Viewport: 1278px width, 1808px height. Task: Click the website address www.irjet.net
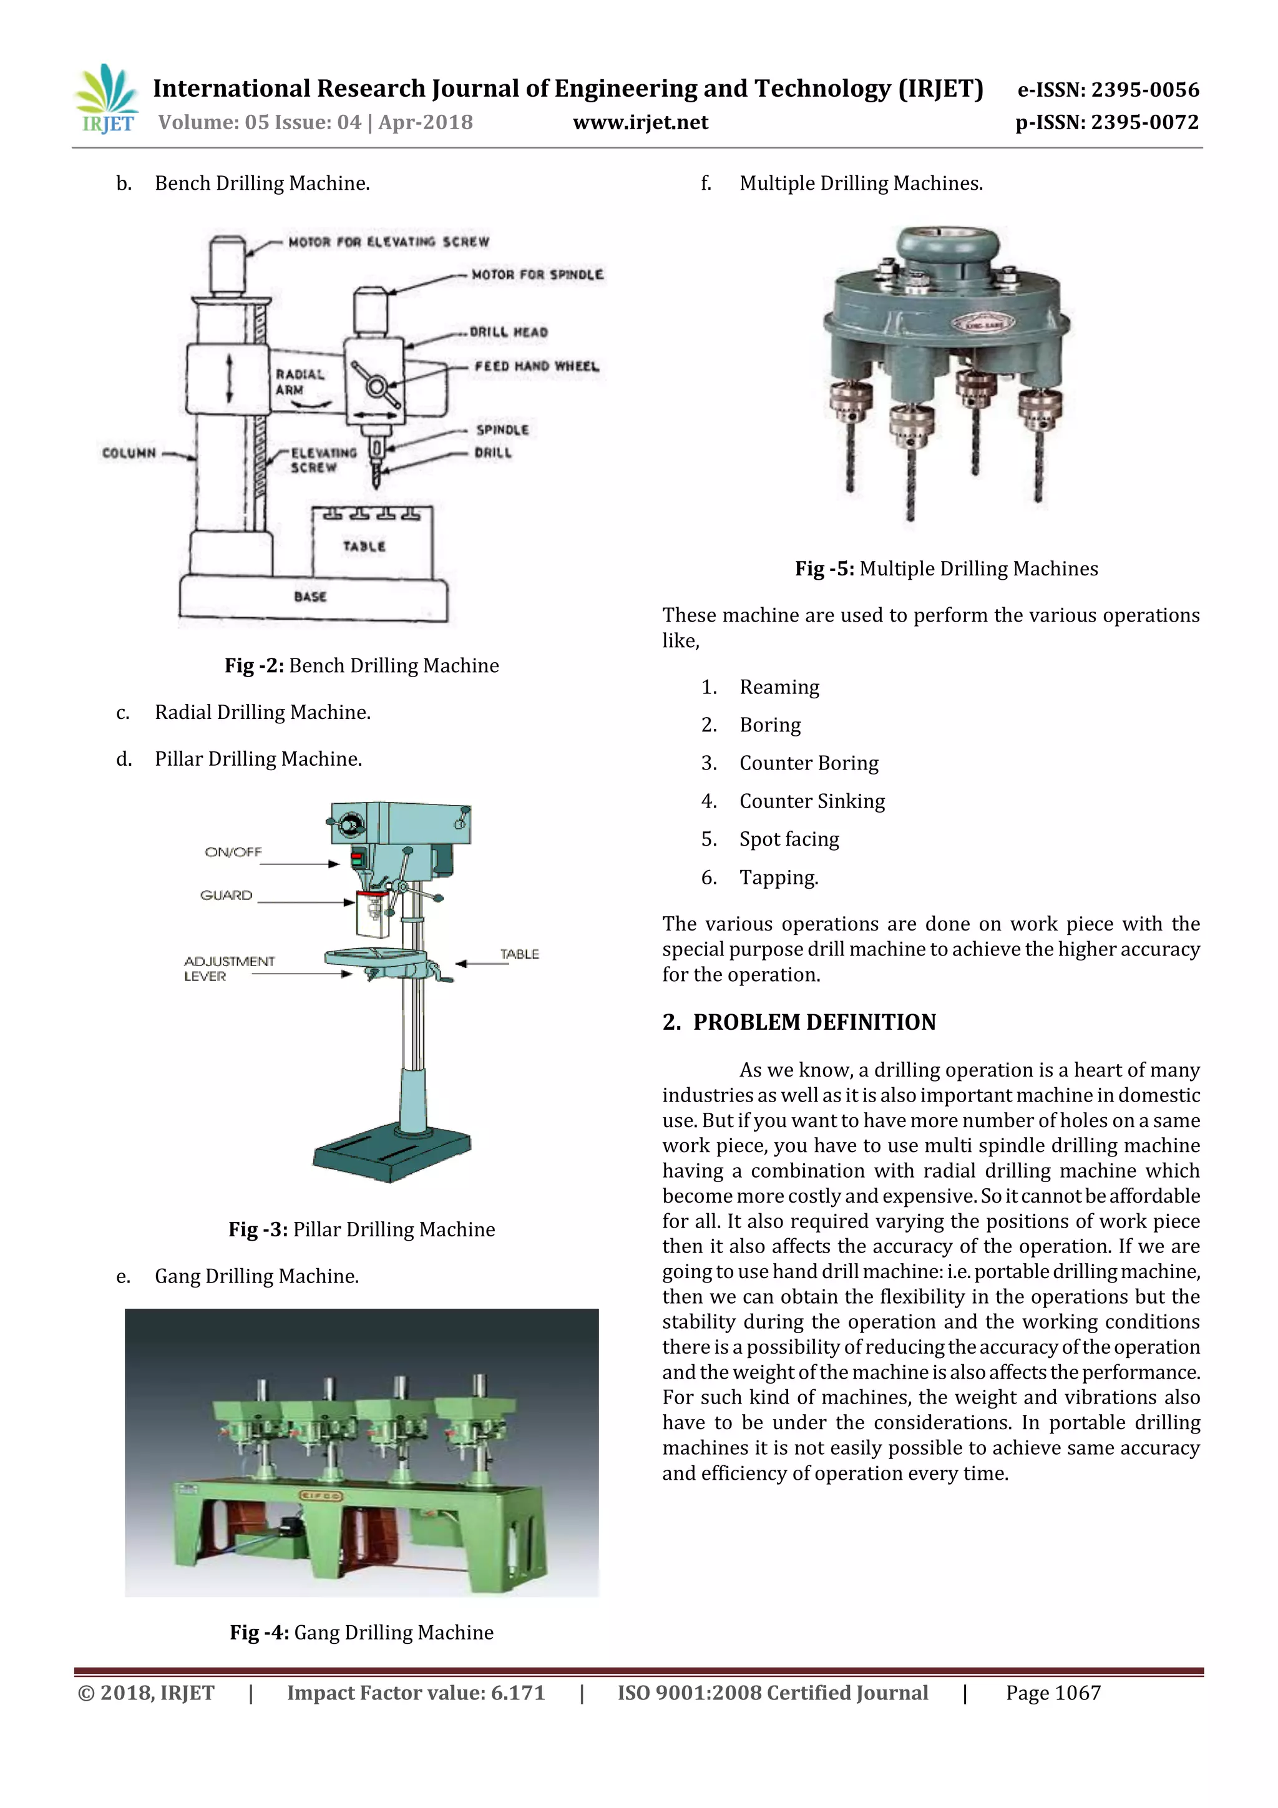tap(640, 123)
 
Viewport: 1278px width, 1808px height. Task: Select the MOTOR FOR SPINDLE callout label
tap(537, 274)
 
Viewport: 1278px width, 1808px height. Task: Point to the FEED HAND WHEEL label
tap(536, 366)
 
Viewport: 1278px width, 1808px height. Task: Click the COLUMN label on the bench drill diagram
tap(129, 453)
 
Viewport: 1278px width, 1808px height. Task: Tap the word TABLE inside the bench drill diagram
tap(364, 545)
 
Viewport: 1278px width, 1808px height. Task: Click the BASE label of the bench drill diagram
tap(310, 596)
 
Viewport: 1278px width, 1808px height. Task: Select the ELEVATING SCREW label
tap(324, 460)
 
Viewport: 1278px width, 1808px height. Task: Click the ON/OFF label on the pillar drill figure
tap(233, 852)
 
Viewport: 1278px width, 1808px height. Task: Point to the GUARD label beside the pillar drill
tap(226, 896)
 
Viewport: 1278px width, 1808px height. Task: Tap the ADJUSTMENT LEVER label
tap(228, 969)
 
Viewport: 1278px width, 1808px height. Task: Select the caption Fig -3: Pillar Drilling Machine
tap(361, 1229)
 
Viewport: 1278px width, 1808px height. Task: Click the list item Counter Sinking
tap(812, 801)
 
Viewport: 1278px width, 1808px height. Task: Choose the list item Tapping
tap(779, 877)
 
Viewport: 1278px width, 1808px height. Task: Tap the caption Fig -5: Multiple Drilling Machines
tap(945, 569)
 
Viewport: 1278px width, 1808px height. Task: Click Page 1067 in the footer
tap(1053, 1693)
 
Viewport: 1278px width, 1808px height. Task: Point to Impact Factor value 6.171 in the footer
tap(416, 1693)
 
